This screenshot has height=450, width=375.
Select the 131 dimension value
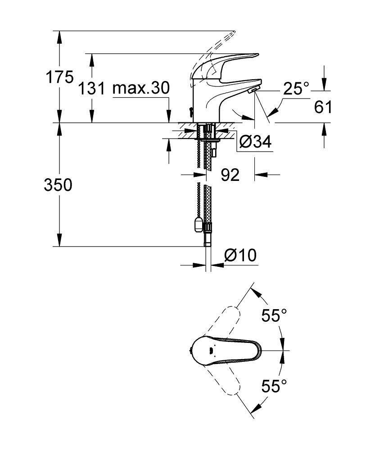92,88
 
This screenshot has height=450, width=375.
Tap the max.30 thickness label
141,88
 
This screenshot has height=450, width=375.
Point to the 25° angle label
296,89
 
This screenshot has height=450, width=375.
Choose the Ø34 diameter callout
255,142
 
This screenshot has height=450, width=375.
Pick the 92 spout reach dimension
230,175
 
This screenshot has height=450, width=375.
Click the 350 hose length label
58,185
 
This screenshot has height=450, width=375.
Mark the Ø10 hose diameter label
240,256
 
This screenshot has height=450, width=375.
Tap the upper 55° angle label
274,316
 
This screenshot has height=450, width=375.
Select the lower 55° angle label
274,386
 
